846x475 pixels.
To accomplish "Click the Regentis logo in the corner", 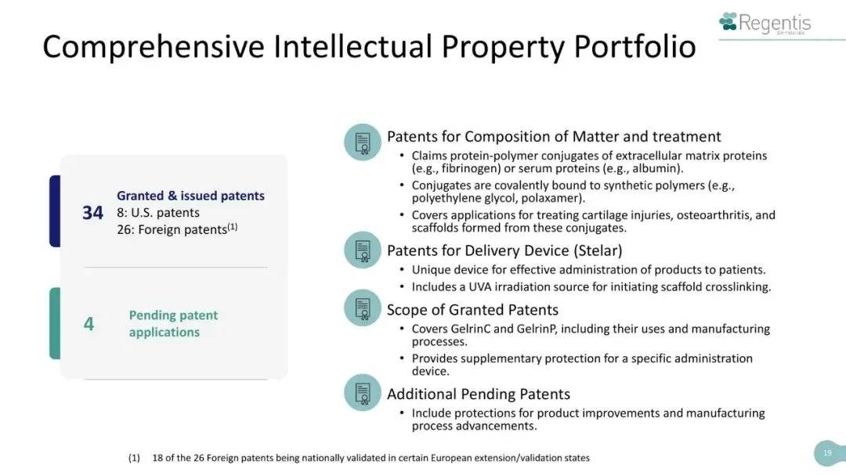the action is click(765, 23).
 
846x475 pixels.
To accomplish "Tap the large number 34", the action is click(92, 213).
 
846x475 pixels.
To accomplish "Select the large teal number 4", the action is click(89, 323).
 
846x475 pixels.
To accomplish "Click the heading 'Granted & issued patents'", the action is click(190, 196).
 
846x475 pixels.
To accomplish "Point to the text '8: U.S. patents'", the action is click(158, 212).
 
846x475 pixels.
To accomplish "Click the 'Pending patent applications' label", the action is click(173, 323).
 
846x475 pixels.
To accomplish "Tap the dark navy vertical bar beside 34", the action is click(55, 211).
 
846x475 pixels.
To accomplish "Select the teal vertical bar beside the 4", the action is click(55, 323).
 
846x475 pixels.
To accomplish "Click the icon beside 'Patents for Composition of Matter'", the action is click(363, 142).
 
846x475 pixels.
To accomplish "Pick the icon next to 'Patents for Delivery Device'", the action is click(363, 250).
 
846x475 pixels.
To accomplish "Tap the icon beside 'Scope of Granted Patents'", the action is click(363, 308).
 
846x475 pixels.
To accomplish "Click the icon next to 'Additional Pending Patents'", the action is click(363, 393).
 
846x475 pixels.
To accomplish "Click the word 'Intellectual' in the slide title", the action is click(352, 46).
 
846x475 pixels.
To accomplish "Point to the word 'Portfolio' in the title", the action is click(634, 46).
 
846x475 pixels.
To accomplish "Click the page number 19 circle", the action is click(829, 453).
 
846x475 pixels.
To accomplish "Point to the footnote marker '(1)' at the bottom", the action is click(134, 458).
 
